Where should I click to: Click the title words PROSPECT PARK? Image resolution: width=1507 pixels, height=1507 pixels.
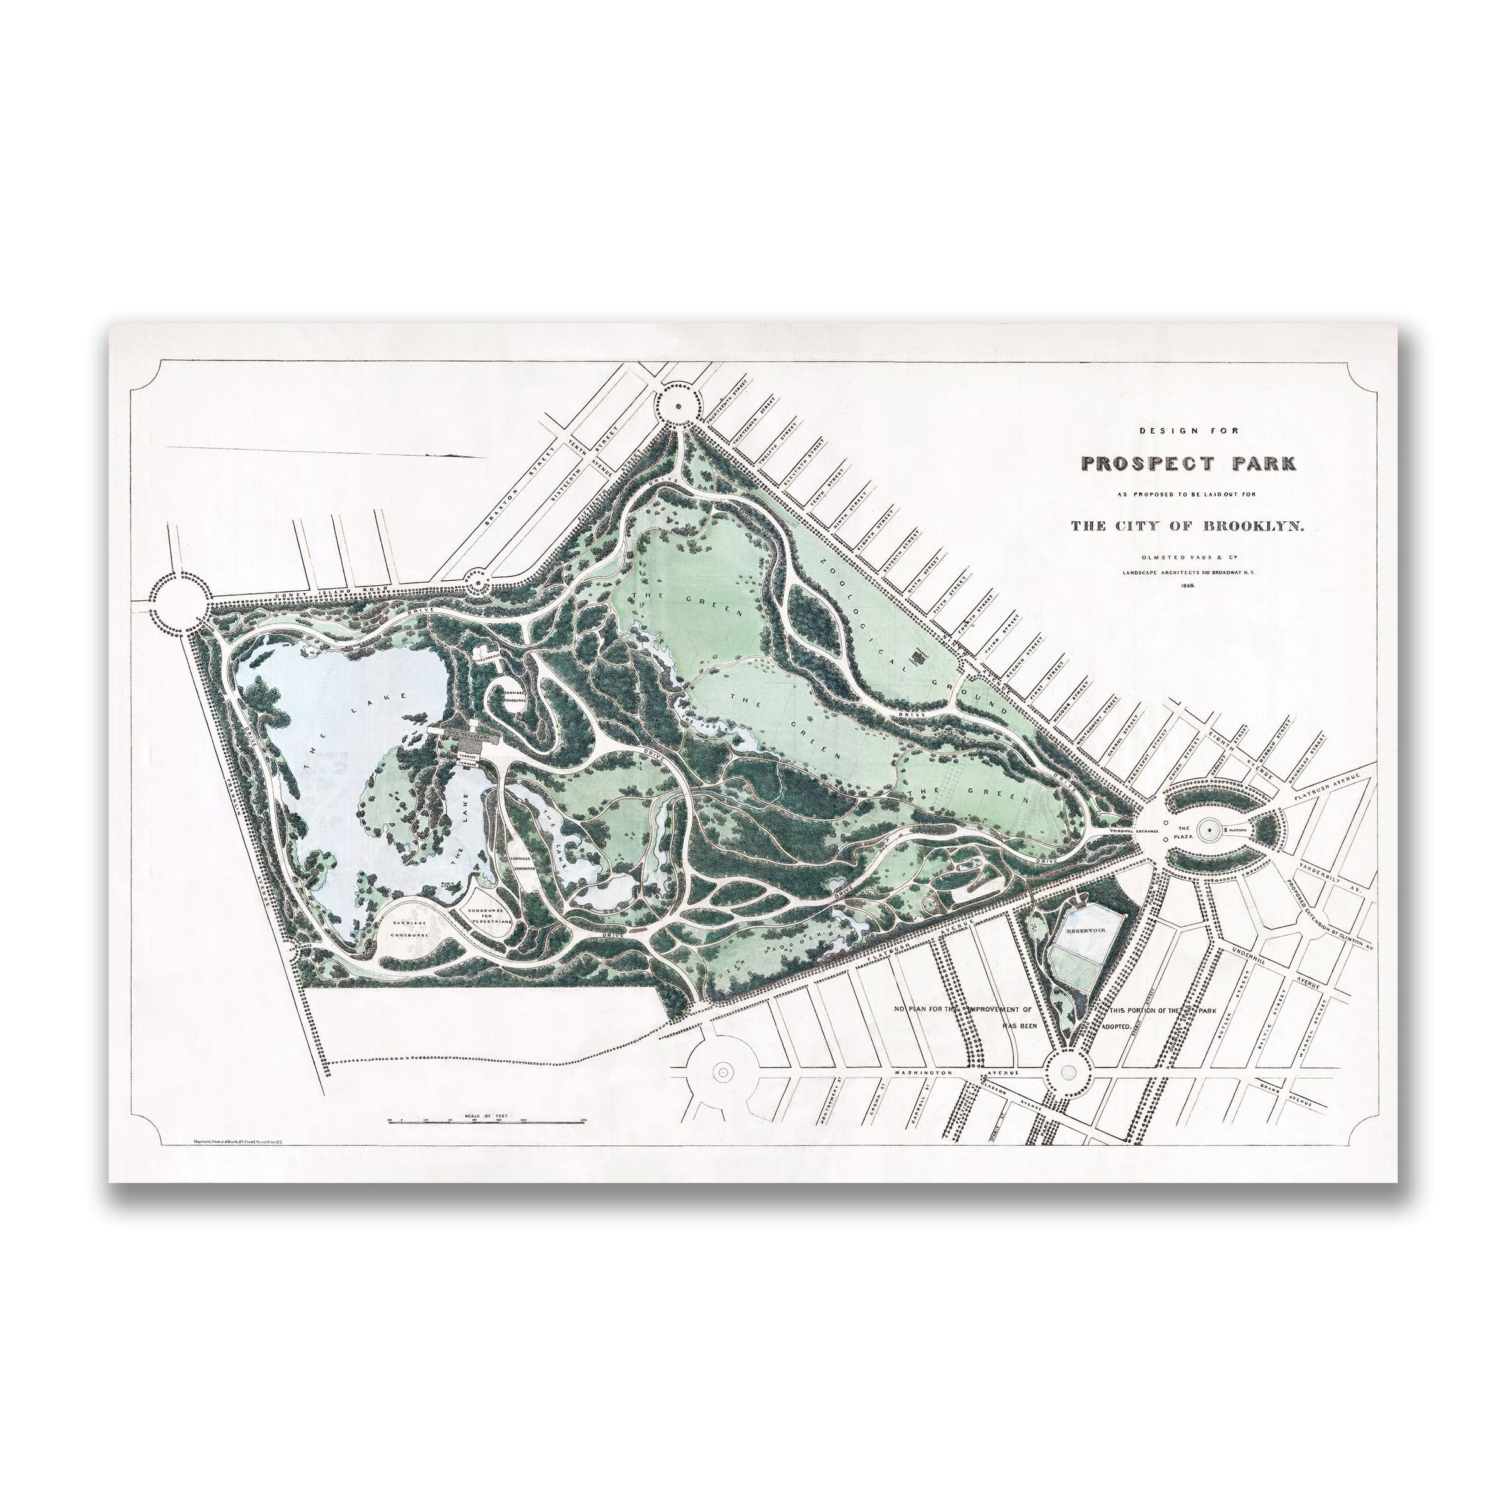point(1188,463)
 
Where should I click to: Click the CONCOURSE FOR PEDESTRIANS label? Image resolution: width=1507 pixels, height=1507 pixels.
point(490,915)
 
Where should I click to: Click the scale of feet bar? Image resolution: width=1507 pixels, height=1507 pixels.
point(486,1121)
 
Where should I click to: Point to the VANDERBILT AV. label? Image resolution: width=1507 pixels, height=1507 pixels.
point(1332,878)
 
